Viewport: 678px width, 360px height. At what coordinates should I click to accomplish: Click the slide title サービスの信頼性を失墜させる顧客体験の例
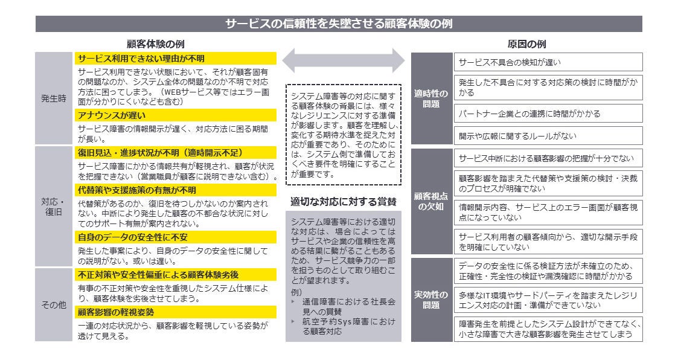tap(339, 24)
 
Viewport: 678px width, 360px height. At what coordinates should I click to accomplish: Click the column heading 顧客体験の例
tap(155, 45)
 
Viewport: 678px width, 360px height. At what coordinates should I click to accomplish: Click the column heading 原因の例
tap(526, 45)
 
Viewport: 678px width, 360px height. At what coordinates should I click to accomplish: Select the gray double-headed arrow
tap(344, 60)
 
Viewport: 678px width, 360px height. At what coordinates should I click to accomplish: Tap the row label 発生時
tap(54, 98)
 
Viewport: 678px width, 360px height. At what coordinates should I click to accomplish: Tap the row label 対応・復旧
tap(54, 207)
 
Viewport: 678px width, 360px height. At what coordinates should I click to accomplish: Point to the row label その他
tap(54, 305)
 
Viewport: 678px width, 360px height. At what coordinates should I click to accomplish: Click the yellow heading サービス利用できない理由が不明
tap(175, 59)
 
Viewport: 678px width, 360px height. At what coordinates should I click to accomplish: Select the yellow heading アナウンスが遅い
tap(175, 115)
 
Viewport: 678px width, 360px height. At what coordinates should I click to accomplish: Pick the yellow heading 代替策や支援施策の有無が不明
tap(175, 189)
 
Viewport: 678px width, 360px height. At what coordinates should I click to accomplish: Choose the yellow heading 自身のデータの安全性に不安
tap(175, 236)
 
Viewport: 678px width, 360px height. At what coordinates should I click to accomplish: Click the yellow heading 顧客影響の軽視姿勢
tap(175, 312)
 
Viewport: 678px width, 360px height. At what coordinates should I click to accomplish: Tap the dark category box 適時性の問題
tap(432, 98)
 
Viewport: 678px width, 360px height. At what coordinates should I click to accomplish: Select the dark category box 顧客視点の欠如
tap(432, 201)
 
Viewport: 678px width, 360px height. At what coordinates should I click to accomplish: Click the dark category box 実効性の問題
tap(432, 300)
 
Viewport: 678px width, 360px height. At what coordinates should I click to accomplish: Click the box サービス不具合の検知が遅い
tap(548, 62)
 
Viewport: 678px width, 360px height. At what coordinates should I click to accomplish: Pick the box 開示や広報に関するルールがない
tap(548, 135)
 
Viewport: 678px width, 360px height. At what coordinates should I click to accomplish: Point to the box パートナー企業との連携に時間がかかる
tap(548, 114)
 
